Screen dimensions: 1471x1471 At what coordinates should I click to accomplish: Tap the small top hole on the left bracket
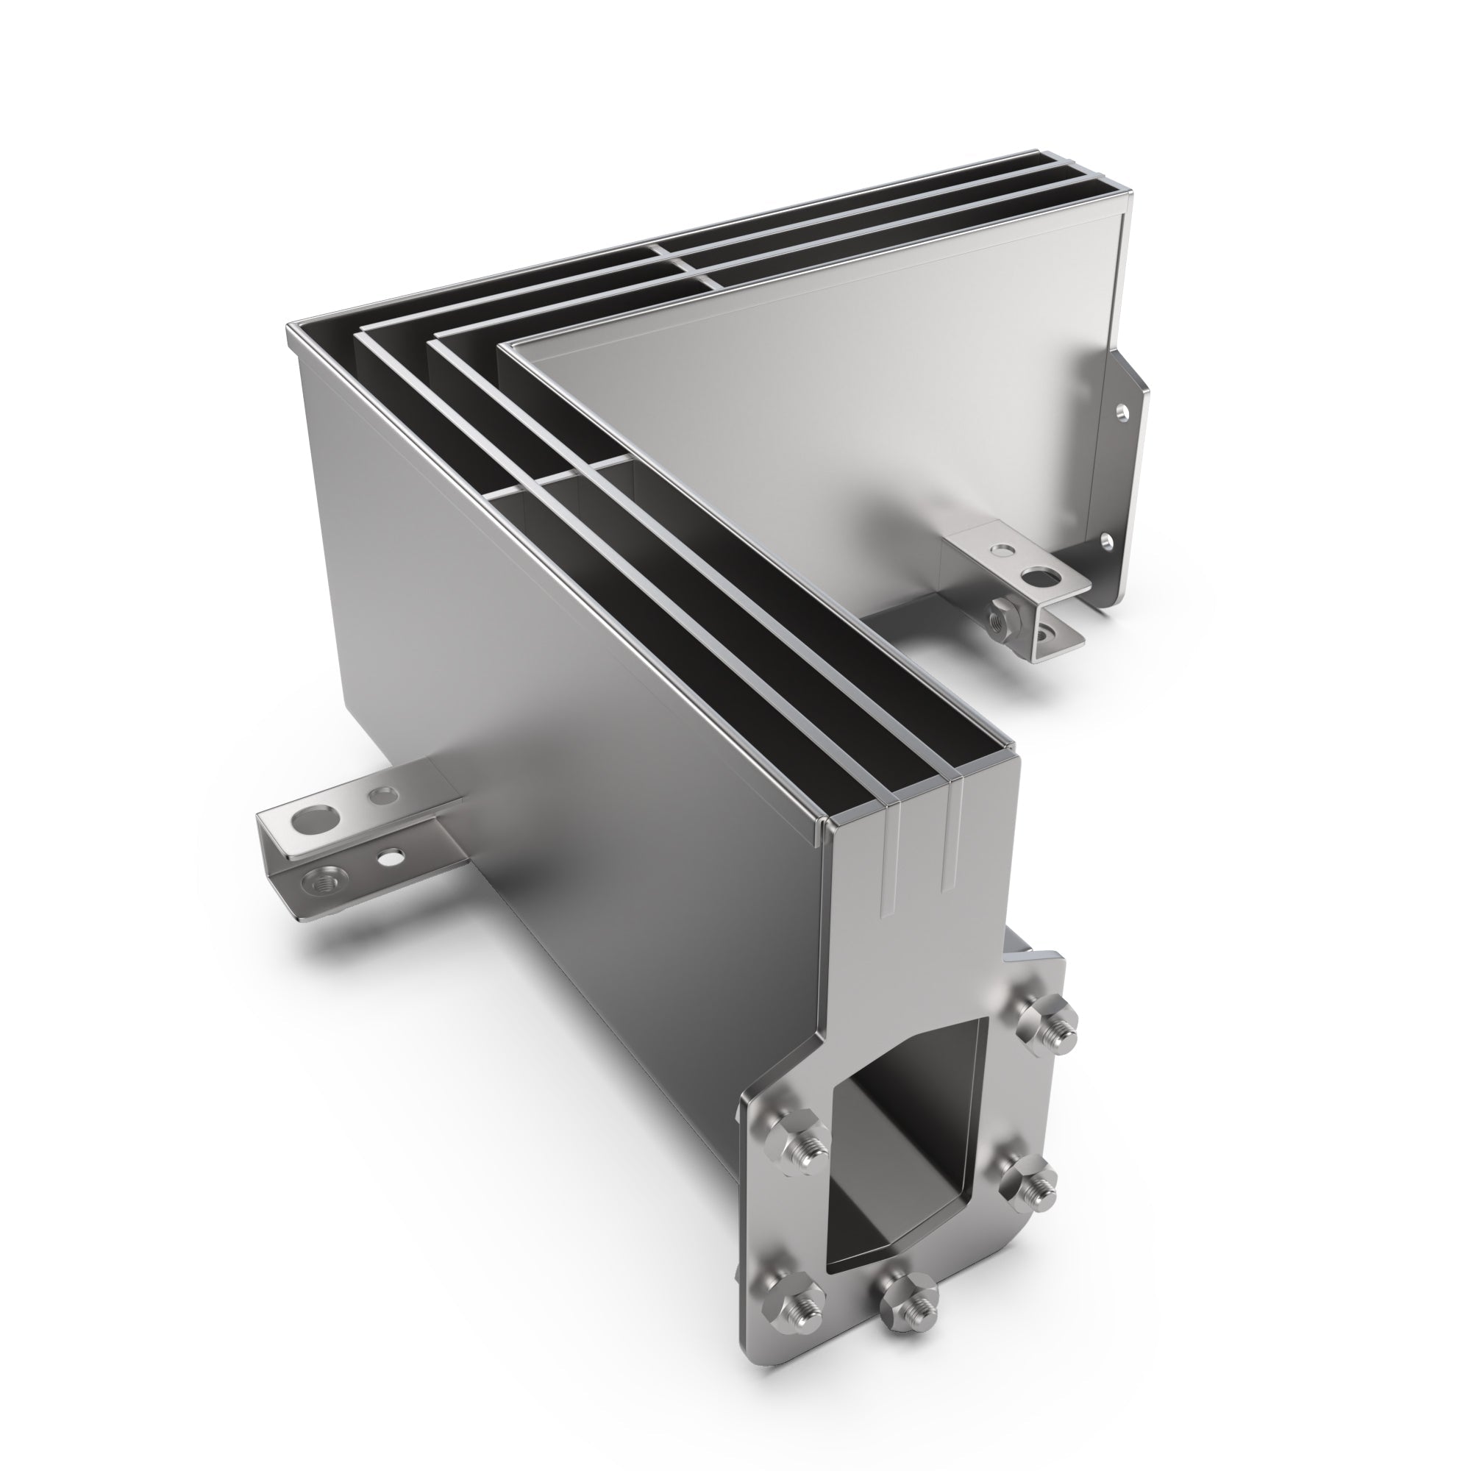382,797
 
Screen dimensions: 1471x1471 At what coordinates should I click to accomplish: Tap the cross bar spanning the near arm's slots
563,476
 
